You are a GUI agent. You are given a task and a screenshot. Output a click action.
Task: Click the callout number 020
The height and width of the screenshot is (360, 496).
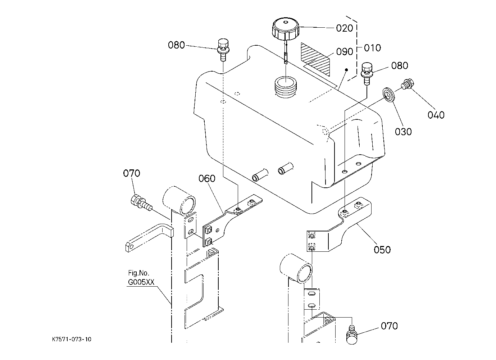click(344, 28)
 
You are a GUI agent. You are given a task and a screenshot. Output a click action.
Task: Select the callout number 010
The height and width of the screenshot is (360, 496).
click(372, 48)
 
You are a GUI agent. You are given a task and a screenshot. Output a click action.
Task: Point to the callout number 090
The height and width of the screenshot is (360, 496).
click(345, 51)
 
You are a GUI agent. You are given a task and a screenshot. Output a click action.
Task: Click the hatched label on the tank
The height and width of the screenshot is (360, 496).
click(315, 59)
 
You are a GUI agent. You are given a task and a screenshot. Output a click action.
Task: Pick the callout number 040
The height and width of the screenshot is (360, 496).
click(436, 115)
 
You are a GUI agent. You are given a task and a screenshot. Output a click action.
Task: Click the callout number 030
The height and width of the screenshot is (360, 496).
click(403, 132)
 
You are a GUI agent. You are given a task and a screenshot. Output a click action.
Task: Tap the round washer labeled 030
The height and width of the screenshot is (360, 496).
click(388, 95)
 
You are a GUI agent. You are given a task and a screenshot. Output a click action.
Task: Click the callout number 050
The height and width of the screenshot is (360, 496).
click(382, 250)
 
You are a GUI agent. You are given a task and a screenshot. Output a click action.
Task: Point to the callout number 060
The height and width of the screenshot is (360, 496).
click(207, 178)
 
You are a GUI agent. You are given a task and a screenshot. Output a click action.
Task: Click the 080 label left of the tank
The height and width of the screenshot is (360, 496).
click(176, 45)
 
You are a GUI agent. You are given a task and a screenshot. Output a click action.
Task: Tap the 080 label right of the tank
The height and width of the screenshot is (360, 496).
click(400, 65)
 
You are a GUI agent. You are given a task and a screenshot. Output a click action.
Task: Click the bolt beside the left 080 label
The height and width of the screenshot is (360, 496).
click(223, 50)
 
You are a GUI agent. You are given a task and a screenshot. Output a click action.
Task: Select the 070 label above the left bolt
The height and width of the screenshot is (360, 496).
click(132, 173)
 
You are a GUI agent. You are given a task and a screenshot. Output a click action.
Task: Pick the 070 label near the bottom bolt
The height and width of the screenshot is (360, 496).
click(389, 326)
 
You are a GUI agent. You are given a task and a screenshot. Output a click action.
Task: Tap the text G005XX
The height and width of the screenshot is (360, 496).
click(141, 282)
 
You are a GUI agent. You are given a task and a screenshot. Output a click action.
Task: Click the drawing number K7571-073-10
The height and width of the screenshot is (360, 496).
click(72, 339)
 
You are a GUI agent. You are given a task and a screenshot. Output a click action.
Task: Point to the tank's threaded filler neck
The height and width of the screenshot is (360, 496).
click(286, 87)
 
